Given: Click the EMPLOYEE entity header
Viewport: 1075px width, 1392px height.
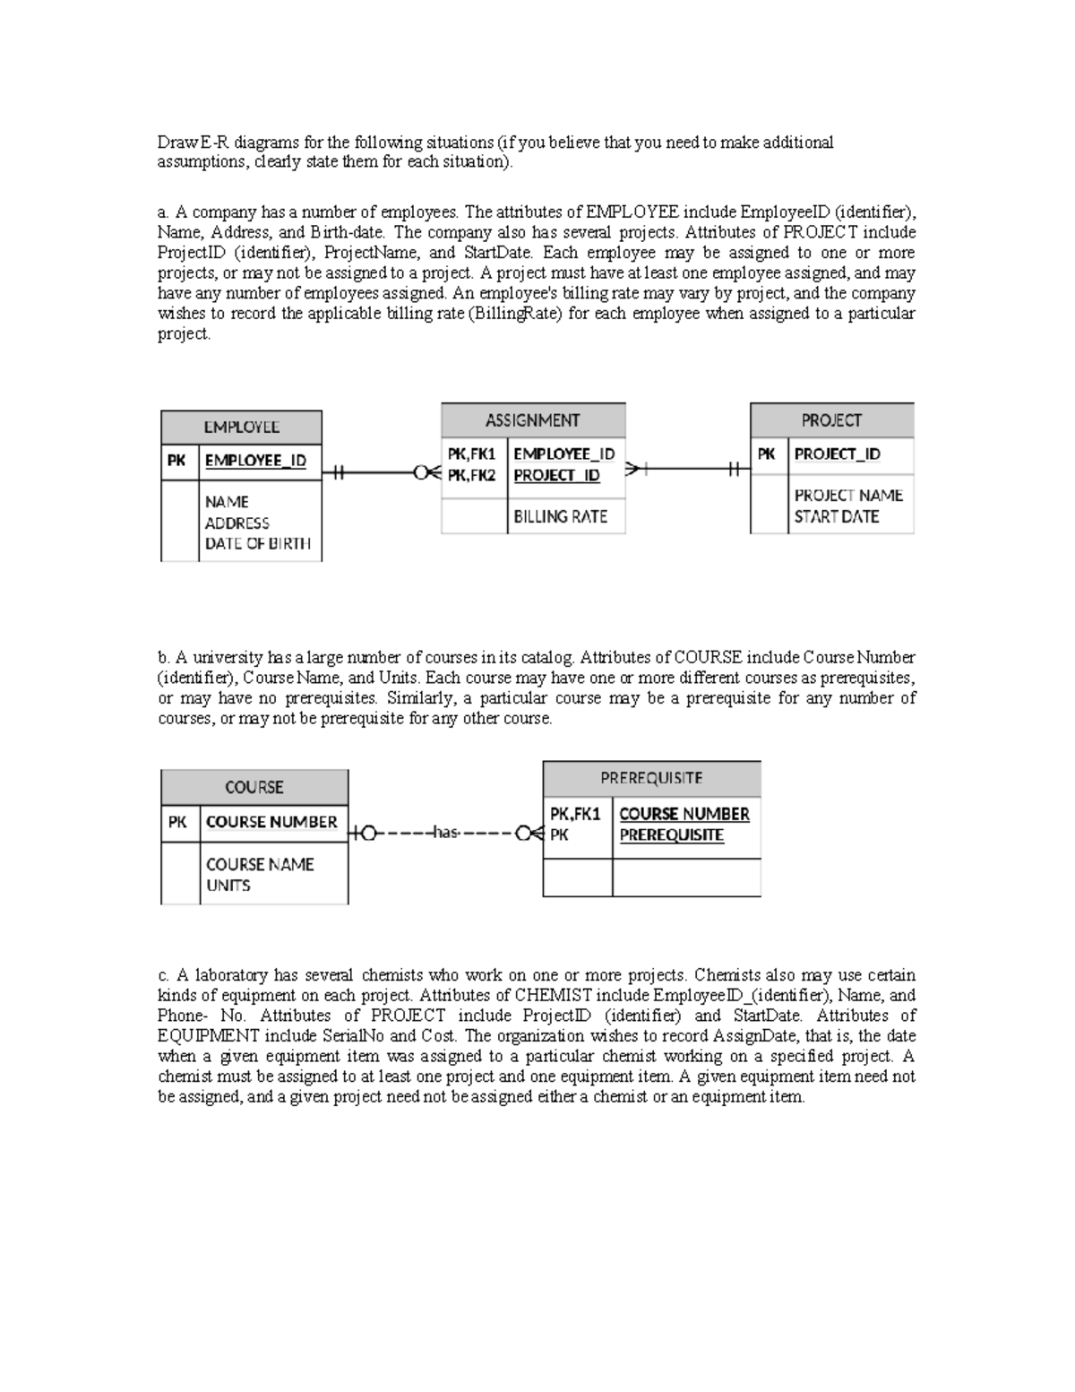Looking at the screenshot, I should (241, 428).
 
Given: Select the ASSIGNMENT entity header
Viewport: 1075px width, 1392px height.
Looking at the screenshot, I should (532, 420).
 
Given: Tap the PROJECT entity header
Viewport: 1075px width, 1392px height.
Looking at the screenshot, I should (831, 420).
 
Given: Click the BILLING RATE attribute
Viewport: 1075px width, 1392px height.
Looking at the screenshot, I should (560, 516).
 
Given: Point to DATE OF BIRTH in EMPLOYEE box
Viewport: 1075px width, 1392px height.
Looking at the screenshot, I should (257, 543).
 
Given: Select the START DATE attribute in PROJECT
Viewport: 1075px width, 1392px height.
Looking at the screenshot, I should (836, 516).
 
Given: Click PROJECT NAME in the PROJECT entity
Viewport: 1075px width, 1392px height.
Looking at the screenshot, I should (847, 495).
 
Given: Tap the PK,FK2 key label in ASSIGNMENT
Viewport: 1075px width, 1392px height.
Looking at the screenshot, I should (472, 475).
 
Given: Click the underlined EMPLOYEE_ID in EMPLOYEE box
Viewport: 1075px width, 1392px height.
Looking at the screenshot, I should (255, 460).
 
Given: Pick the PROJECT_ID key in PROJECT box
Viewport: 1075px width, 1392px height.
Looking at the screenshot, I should (837, 454).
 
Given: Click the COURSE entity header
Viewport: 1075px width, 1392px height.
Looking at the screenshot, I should (254, 787).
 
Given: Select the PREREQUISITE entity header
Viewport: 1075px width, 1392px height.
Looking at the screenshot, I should (651, 778).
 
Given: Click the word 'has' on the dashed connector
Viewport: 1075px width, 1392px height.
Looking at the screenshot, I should (445, 834).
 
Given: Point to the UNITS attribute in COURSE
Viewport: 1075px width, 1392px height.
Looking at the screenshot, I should (228, 886).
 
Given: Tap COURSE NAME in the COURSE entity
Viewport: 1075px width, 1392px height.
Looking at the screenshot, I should (260, 864).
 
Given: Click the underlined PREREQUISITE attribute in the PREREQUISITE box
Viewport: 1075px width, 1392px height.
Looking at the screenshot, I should (671, 834).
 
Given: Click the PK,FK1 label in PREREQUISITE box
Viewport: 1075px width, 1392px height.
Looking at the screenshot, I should (574, 814).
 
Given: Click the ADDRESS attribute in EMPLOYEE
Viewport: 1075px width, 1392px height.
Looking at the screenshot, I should (236, 523).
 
